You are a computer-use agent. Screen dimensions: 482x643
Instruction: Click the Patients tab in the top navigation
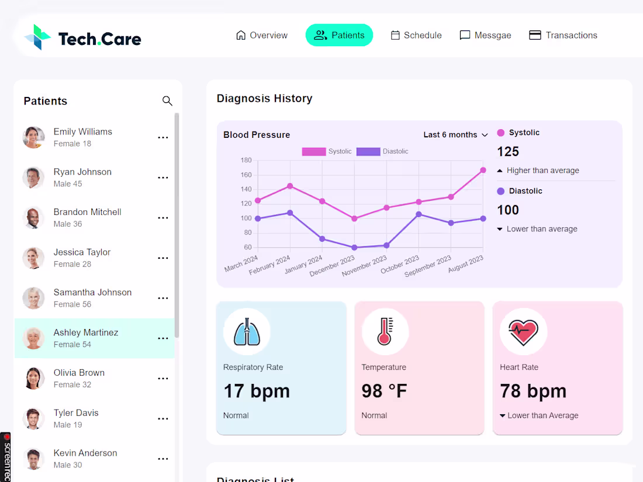[339, 35]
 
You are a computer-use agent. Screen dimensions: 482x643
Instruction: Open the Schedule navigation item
[416, 35]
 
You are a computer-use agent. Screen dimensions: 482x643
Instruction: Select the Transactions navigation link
[563, 35]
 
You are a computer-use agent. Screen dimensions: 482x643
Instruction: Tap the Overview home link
[261, 35]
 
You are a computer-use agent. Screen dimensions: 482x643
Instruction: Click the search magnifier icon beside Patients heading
[167, 101]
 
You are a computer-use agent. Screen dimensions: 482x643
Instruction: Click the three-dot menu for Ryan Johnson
[163, 178]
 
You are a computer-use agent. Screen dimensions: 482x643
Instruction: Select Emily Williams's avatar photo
[33, 137]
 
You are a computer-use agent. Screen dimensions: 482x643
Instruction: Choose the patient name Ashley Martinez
[86, 332]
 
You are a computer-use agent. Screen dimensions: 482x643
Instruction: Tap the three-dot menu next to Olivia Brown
[163, 379]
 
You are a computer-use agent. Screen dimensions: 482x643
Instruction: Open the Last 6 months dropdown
[455, 135]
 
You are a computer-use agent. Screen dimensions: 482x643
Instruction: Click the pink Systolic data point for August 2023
[483, 170]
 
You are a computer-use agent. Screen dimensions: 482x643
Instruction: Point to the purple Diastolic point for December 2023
[354, 248]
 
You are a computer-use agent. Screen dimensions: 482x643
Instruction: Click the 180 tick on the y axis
[246, 160]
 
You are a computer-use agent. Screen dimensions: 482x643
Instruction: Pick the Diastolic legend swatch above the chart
[368, 151]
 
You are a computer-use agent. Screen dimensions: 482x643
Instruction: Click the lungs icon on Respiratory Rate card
[247, 332]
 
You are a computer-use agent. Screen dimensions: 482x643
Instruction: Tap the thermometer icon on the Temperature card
[385, 332]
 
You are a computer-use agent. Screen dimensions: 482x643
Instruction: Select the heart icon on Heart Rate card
[523, 332]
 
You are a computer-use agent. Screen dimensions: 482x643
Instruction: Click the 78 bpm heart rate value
[533, 391]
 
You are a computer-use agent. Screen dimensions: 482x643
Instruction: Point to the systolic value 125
[508, 152]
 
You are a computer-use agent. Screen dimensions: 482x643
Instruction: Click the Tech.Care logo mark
[37, 37]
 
